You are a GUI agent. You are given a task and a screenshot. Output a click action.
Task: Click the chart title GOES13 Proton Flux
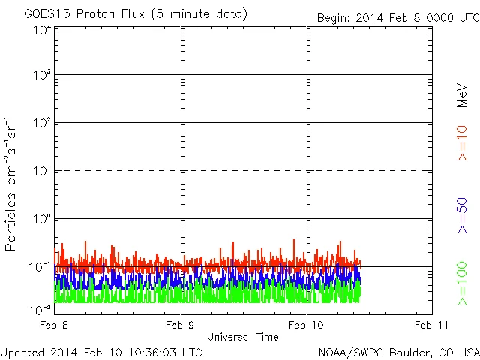coord(136,14)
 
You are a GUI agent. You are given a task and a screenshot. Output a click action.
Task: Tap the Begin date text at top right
coord(397,16)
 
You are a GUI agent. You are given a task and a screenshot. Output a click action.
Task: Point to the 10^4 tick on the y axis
coord(41,29)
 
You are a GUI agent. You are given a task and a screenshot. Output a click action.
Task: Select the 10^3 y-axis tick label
coord(41,75)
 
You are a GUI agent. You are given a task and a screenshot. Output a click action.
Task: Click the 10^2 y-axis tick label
coord(41,122)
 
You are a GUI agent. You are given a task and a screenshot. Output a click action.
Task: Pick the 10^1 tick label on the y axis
coord(41,171)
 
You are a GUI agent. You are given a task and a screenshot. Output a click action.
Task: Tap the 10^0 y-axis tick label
coord(41,219)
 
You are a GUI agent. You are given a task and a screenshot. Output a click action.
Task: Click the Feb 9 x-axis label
coord(181,325)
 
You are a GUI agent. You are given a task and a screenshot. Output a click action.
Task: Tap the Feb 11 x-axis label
coord(431,325)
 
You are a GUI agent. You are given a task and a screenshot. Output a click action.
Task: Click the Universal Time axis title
coord(243,337)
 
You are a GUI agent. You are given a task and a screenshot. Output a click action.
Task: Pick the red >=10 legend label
coord(462,143)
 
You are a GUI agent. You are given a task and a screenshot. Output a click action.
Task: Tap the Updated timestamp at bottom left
coord(101,352)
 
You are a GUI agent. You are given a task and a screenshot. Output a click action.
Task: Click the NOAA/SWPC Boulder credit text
coord(398,352)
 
